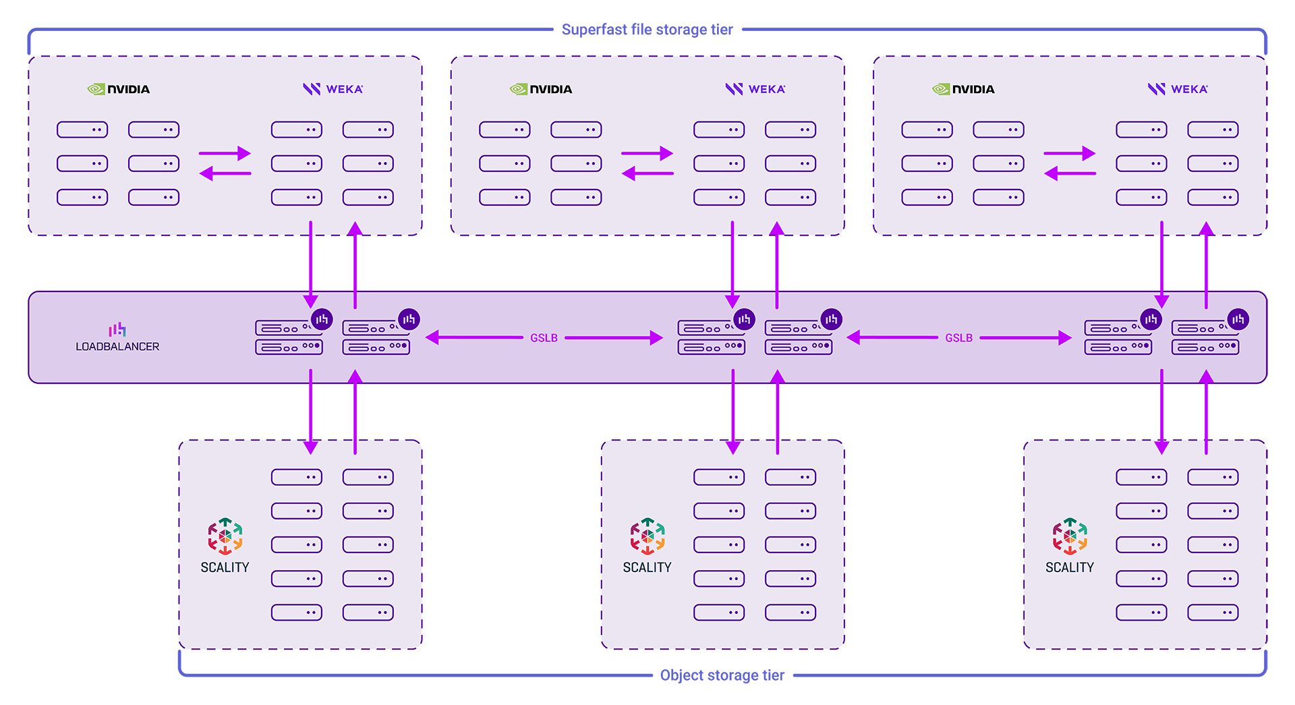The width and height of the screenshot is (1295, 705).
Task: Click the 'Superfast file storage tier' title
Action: (647, 30)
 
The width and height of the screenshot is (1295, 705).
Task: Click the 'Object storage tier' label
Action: (722, 675)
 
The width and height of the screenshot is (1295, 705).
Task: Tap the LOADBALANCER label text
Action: (117, 347)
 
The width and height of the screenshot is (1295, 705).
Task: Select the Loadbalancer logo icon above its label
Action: (117, 329)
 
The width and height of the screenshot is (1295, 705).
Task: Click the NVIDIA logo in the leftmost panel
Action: (119, 89)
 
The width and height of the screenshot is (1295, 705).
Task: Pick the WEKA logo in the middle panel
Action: (755, 89)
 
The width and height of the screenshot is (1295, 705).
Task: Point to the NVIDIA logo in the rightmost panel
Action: (963, 89)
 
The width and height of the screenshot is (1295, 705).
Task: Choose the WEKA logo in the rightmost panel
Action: (1178, 89)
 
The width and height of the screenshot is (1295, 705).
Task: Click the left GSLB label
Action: (544, 338)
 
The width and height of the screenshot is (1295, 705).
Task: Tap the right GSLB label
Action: (958, 338)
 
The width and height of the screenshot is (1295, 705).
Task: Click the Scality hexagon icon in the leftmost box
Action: (225, 536)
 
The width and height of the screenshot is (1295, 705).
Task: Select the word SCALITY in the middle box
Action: (647, 567)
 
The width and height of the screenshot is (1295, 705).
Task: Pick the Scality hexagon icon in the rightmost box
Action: (1070, 536)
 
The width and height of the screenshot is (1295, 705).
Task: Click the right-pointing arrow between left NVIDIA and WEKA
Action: (225, 153)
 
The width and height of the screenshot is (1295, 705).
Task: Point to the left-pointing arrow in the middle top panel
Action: (647, 174)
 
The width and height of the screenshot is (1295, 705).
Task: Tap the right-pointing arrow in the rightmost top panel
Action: (1070, 153)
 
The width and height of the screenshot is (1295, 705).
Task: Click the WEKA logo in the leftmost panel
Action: (333, 89)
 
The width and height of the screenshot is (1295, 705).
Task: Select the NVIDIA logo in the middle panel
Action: (541, 89)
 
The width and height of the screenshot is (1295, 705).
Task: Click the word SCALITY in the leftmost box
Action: (225, 567)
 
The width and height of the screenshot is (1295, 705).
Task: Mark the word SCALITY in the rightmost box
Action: (1070, 567)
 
